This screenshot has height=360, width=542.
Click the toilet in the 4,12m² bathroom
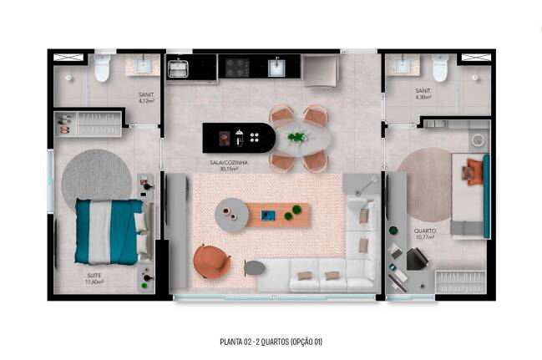(103, 68)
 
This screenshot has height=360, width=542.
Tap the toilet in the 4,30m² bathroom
(440, 68)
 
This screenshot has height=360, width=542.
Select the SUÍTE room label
(94, 276)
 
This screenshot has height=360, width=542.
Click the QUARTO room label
(425, 231)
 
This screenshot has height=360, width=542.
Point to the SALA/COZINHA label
(229, 163)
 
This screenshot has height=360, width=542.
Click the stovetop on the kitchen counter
(237, 68)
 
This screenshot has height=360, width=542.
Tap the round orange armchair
(212, 261)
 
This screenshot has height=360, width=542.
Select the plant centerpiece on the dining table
(297, 137)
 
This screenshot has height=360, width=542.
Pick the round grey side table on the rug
(231, 215)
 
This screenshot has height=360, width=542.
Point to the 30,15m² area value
(229, 169)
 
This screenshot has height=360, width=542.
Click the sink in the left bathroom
(143, 65)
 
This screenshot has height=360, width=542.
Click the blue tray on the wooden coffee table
(268, 215)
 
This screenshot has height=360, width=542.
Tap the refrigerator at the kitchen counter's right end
(321, 71)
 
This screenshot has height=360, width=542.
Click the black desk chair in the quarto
(418, 259)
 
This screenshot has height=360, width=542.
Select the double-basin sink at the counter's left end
(178, 68)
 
